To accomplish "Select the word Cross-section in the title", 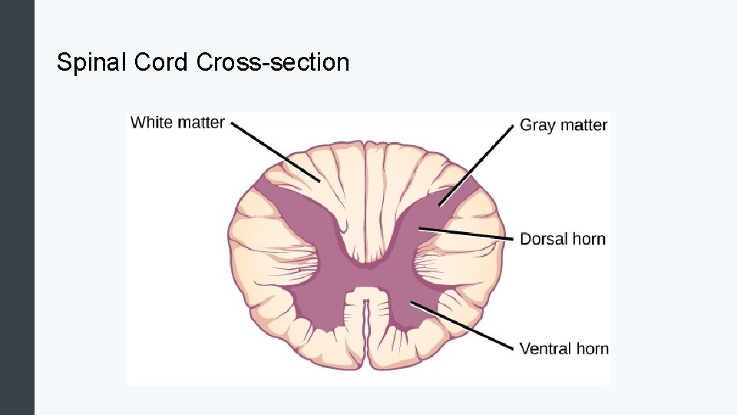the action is click(x=273, y=62).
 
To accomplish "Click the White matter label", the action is click(x=177, y=122).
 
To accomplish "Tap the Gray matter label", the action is click(x=563, y=124).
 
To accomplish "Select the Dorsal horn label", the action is click(x=563, y=239).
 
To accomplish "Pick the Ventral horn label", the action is click(x=563, y=349).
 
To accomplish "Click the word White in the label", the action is click(x=152, y=122).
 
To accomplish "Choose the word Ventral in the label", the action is click(x=546, y=349).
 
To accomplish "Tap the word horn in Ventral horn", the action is click(x=591, y=349).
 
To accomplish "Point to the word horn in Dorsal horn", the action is click(x=589, y=239).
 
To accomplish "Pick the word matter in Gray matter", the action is click(x=585, y=124).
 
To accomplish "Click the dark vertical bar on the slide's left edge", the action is click(x=17, y=207).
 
